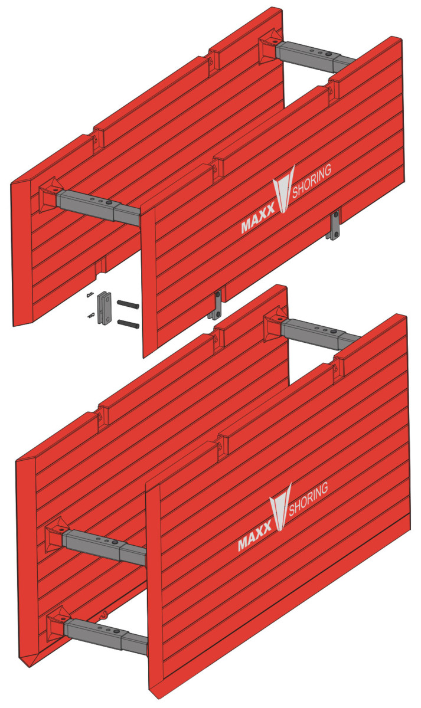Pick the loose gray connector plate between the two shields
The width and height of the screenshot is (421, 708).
pyautogui.click(x=106, y=307)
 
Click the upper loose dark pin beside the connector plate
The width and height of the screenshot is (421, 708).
pyautogui.click(x=128, y=304)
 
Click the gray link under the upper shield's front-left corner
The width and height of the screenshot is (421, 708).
pyautogui.click(x=218, y=304)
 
